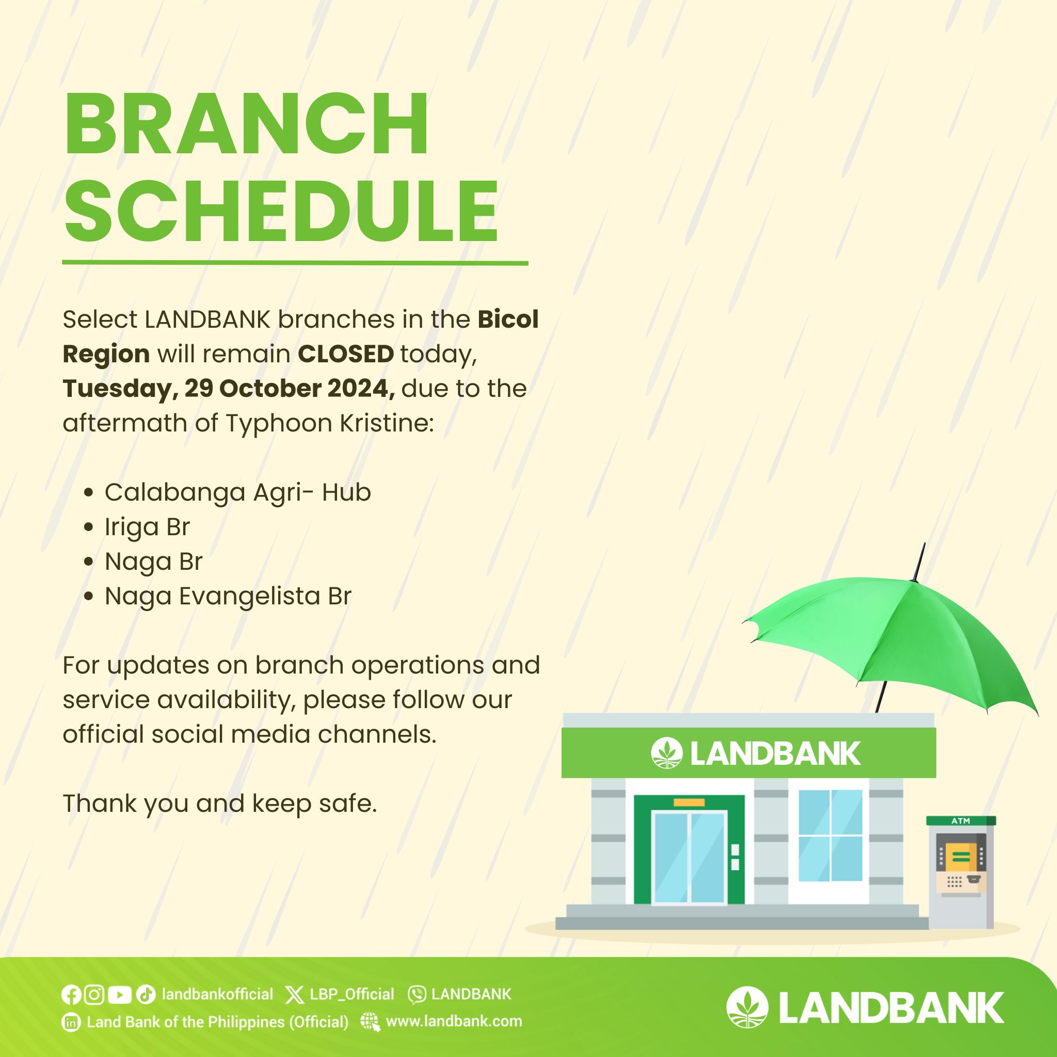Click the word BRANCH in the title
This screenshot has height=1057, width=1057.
(246, 124)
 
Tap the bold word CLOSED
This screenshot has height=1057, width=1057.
(345, 354)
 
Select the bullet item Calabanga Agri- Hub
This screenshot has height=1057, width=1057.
(237, 492)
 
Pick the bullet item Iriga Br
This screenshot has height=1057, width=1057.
(147, 527)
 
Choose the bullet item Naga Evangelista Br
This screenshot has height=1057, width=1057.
(228, 596)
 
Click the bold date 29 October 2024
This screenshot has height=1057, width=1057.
(290, 389)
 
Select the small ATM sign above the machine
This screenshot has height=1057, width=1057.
(960, 821)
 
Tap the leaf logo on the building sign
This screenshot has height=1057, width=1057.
(666, 753)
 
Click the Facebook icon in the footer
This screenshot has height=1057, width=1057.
(71, 994)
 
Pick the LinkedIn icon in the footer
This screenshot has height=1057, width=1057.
(71, 1022)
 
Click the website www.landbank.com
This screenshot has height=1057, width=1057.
(454, 1021)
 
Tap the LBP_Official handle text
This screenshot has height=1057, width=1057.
(352, 994)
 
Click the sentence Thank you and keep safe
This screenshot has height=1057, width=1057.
(220, 804)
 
